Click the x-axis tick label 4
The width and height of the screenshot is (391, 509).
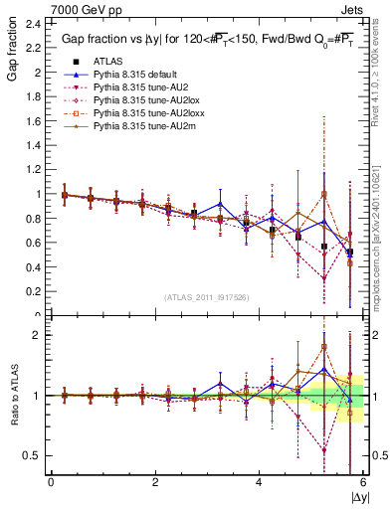point(260,482)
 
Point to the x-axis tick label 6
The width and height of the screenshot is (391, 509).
point(363,482)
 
